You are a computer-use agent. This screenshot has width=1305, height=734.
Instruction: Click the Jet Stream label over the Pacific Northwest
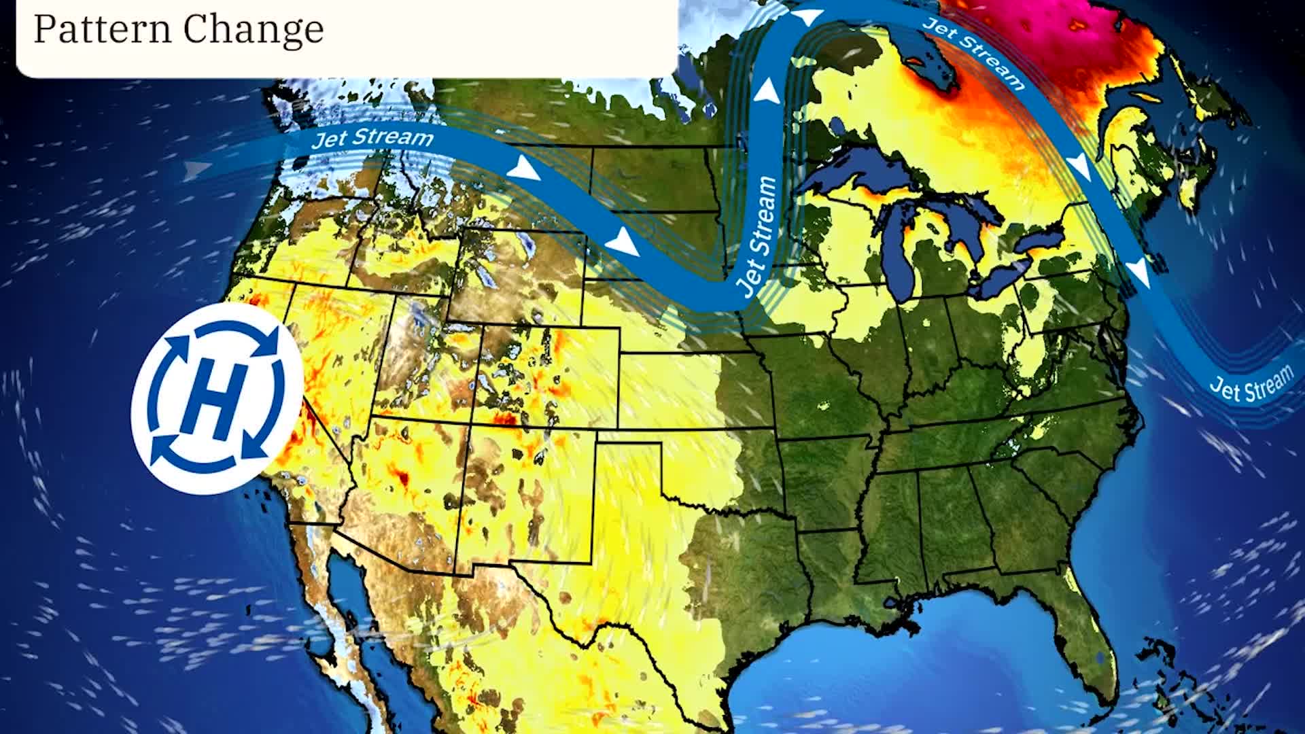(372, 139)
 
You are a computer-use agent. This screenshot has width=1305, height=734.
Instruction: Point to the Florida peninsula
(1087, 632)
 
